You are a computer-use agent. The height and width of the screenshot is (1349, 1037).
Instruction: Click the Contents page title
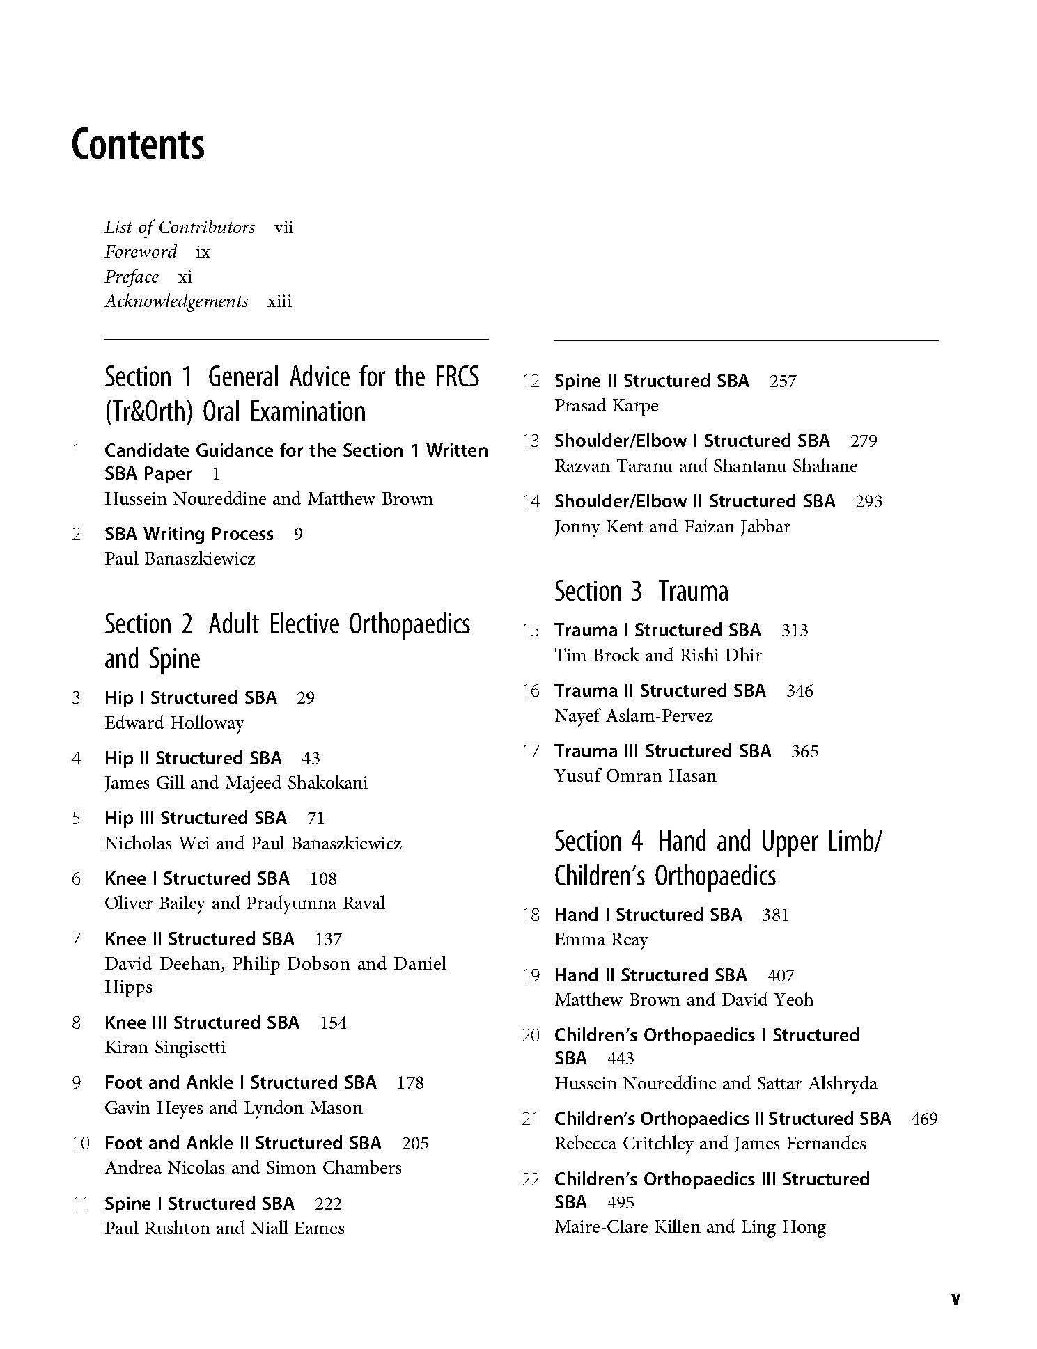point(138,145)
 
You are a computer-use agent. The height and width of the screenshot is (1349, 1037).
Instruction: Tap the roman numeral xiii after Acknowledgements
point(279,301)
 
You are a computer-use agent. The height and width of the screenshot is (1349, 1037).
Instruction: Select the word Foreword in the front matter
point(141,252)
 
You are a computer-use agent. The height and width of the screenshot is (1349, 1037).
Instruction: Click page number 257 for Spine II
point(783,381)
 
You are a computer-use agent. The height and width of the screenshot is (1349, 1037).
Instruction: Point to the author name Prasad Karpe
point(606,406)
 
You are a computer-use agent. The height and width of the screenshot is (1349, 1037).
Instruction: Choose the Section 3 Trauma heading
point(641,592)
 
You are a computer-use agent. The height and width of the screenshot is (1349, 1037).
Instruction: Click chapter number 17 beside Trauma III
point(531,752)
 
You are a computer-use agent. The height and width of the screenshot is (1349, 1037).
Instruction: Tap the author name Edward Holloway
point(174,723)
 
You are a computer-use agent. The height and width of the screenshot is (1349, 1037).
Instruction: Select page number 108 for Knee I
point(323,879)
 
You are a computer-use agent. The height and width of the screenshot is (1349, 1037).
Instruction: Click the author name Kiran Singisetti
point(165,1048)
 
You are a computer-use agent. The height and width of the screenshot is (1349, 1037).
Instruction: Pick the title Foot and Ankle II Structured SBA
point(243,1144)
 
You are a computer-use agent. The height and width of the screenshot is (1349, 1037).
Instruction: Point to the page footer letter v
point(955,1299)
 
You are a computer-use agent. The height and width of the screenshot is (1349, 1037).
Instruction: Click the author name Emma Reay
point(601,940)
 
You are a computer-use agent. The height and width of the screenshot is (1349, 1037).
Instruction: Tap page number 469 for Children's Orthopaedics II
point(924,1119)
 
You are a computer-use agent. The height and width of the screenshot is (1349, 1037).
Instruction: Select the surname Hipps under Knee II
point(128,987)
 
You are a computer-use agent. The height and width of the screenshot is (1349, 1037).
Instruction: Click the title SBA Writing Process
point(189,535)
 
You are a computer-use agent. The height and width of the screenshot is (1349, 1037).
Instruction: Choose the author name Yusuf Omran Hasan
point(635,776)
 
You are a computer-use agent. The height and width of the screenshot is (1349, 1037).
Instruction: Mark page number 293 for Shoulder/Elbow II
point(868,502)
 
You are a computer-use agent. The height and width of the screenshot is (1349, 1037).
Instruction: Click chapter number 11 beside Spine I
point(81,1204)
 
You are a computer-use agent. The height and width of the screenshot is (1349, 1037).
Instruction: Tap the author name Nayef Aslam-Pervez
point(633,716)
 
